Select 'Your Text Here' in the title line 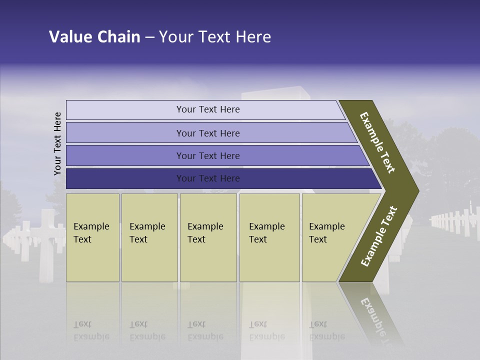[x=215, y=37]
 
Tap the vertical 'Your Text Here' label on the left [x=57, y=143]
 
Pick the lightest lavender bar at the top [x=207, y=109]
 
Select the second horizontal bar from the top [x=207, y=133]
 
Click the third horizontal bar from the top [x=207, y=155]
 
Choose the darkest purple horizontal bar [x=207, y=178]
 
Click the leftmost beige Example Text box [x=92, y=237]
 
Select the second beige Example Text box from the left [x=149, y=237]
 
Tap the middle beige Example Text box [x=208, y=237]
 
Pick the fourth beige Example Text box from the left [x=269, y=237]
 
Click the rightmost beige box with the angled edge [x=330, y=237]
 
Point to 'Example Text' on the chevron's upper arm [x=377, y=143]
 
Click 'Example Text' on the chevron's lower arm [x=379, y=236]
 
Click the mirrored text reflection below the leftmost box [x=91, y=330]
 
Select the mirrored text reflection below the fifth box [x=326, y=330]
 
